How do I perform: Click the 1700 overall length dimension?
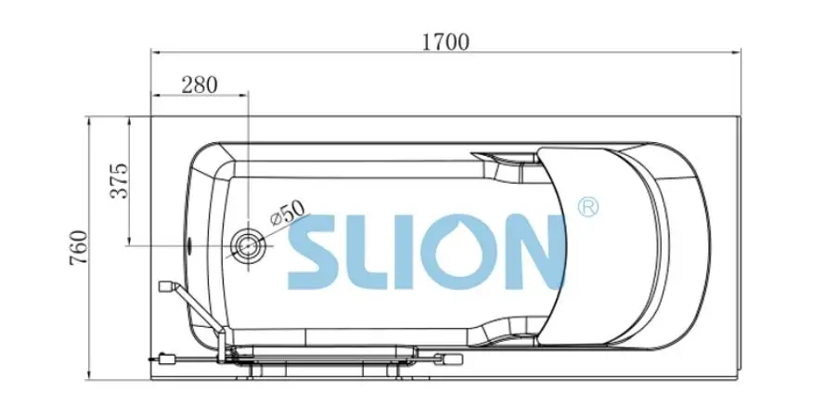tap(445, 42)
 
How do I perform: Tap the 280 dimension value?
tap(200, 85)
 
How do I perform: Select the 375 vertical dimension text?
tap(119, 180)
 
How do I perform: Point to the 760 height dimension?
tap(78, 248)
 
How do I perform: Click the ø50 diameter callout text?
tap(287, 213)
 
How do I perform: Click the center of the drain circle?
tap(248, 246)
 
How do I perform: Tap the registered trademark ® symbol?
tap(588, 206)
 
